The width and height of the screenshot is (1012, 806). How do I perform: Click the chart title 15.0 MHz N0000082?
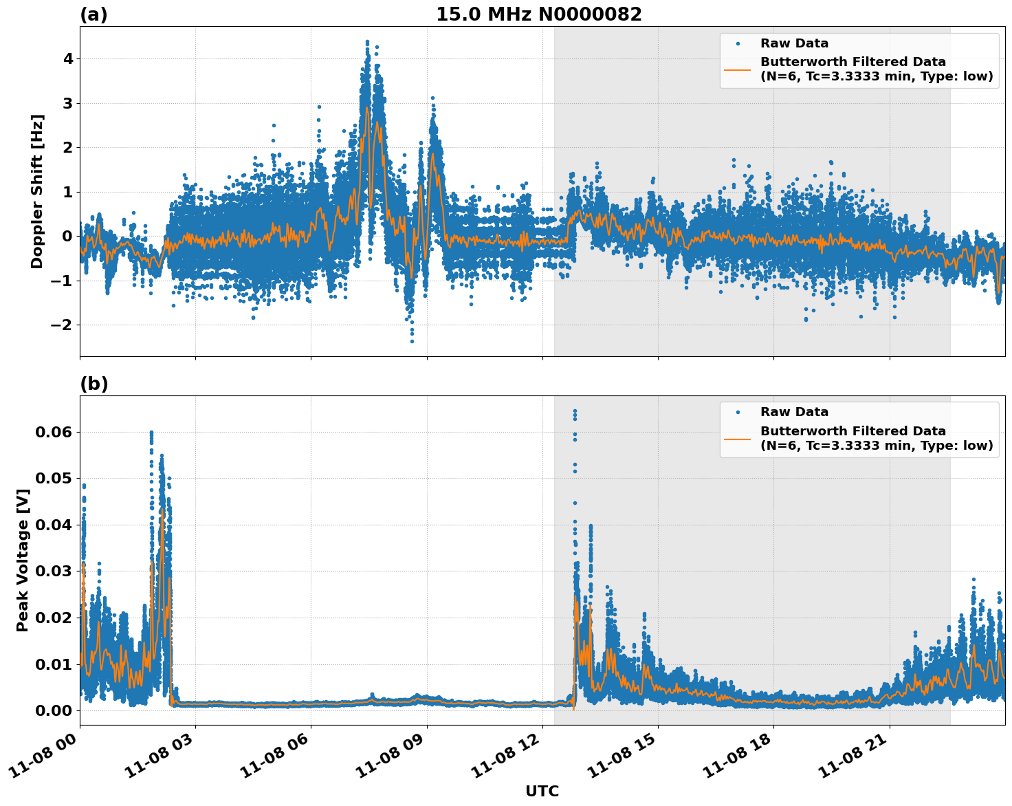click(x=538, y=14)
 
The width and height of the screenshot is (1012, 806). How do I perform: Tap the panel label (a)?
click(x=93, y=14)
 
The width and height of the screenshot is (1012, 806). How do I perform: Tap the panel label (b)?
click(x=93, y=384)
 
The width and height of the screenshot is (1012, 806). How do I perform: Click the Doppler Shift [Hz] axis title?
click(x=37, y=191)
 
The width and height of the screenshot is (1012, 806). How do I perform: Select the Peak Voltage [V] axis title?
click(x=23, y=560)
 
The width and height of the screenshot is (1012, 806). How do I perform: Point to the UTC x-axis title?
click(x=542, y=791)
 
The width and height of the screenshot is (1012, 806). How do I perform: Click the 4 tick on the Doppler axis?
click(x=67, y=59)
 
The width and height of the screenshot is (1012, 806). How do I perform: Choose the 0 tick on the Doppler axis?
click(x=67, y=236)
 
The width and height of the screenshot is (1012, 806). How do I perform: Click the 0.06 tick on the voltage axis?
click(x=53, y=432)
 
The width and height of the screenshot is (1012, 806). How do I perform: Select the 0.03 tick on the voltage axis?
click(x=53, y=571)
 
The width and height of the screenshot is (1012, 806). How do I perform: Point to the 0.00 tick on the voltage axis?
click(x=53, y=710)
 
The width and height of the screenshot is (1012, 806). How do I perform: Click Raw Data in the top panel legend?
click(x=794, y=43)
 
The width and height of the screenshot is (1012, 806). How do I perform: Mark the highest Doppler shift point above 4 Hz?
click(x=367, y=42)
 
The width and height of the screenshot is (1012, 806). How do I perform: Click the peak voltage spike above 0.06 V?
click(x=575, y=411)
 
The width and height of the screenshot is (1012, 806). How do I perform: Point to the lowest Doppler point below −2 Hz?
click(x=412, y=341)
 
